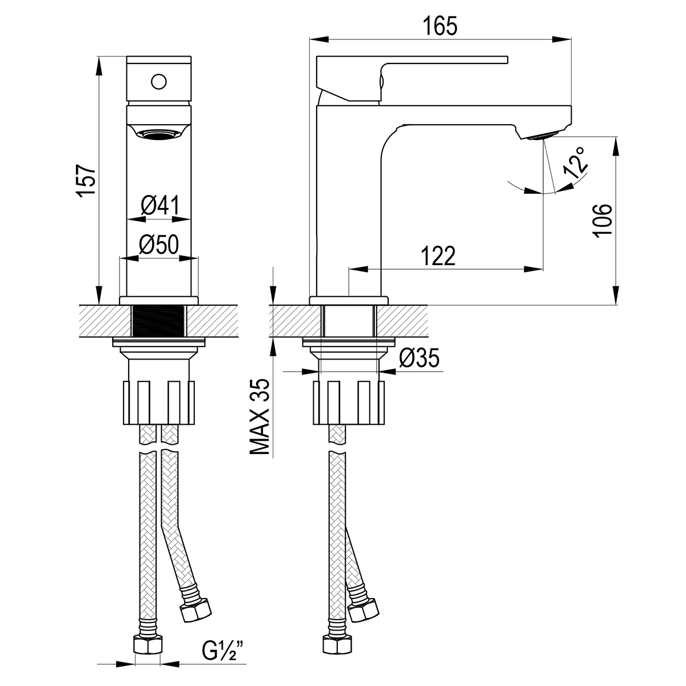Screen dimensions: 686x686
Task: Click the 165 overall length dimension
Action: (440, 26)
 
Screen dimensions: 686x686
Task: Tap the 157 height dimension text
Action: (86, 180)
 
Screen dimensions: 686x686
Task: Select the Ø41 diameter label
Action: (161, 205)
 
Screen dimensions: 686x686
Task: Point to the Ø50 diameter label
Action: (159, 245)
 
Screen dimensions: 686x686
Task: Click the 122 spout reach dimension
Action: (438, 256)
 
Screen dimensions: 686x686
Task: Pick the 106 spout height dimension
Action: (602, 220)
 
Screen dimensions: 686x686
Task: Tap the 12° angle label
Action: (575, 163)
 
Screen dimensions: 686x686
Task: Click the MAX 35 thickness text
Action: (260, 417)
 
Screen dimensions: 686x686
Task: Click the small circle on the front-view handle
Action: (158, 82)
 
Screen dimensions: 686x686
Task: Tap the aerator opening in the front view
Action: (159, 134)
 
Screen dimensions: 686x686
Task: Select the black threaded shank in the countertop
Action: (159, 321)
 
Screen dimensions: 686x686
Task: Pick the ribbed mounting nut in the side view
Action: (349, 403)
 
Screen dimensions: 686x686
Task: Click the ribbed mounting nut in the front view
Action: (159, 403)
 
